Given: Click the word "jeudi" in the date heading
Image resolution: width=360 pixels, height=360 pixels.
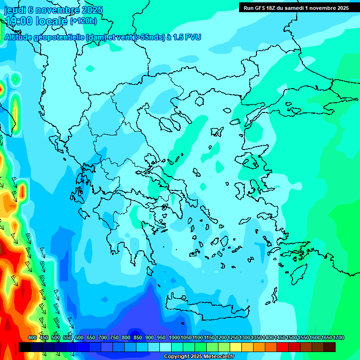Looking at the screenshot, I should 15,10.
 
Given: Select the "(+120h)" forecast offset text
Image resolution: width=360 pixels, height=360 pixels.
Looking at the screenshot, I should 83,21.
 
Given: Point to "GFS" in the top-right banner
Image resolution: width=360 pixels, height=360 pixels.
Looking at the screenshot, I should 260,7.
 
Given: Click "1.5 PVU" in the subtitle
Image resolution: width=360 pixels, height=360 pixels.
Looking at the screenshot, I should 186,37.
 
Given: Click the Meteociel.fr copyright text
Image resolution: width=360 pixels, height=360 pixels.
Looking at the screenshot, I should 199,357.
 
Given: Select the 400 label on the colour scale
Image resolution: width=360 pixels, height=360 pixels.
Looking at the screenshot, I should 32,338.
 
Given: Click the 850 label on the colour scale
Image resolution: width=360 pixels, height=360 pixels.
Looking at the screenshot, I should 138,338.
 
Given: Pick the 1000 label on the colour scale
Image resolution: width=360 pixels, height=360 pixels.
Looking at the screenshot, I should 174,338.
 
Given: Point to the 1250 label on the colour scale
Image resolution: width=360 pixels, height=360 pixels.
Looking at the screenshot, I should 233,338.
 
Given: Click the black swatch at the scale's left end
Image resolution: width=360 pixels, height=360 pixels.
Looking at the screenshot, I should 25,347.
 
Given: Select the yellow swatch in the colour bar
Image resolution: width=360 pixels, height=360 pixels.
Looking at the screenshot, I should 236,347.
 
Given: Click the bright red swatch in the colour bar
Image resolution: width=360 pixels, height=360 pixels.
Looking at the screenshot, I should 283,347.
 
